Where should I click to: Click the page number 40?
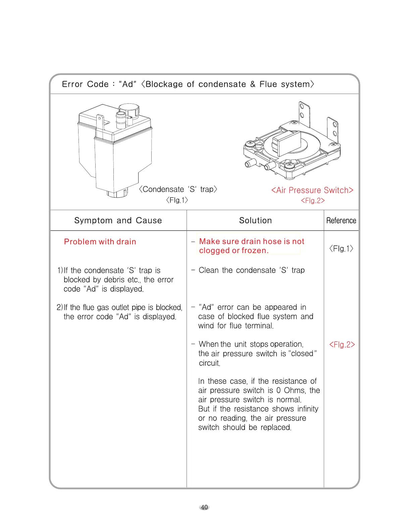[204, 507]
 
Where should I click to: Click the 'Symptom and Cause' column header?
[118, 221]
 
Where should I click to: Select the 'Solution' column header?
[255, 221]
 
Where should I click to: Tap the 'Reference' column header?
[341, 221]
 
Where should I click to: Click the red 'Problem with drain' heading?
[100, 242]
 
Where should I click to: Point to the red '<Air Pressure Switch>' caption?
[312, 190]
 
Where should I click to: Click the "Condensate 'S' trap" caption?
[178, 189]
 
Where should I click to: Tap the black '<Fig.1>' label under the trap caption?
[177, 200]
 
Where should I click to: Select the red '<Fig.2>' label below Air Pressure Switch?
[313, 201]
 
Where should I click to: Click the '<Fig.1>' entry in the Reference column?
[341, 248]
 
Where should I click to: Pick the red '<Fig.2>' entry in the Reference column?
[342, 345]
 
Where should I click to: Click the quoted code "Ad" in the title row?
[127, 84]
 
